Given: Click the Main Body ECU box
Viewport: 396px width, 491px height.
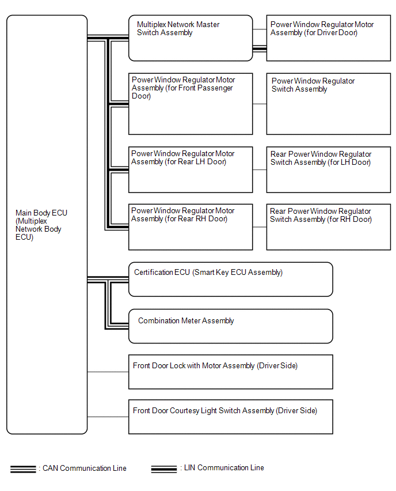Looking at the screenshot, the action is (47, 225).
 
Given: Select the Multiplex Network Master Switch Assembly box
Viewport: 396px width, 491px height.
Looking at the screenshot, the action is (191, 38).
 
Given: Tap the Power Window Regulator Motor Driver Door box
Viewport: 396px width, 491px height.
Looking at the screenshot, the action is (329, 38).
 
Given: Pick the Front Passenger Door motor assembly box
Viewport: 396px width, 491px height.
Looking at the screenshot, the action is (191, 104).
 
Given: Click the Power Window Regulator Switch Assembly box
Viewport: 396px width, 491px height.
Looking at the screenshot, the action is (329, 104).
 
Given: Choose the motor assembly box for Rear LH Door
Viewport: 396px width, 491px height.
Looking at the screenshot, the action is (191, 170).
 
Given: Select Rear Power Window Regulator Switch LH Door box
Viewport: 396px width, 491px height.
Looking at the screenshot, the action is (329, 170).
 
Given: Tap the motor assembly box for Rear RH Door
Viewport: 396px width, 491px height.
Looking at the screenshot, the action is (191, 227).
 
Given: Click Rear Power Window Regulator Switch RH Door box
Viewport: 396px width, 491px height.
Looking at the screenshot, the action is (329, 227).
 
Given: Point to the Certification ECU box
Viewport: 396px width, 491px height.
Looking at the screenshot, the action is (231, 280).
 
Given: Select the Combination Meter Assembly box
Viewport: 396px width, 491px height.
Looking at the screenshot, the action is (231, 326).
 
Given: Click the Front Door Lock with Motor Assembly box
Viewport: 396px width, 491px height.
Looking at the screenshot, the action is (231, 372).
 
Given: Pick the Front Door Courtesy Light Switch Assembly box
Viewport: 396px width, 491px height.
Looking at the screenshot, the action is (231, 417).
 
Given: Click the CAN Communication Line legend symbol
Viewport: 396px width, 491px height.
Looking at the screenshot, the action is (23, 469).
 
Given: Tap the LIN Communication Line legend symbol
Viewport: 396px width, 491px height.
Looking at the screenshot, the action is (164, 469).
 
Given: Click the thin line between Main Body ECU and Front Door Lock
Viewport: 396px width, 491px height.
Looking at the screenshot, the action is (108, 372).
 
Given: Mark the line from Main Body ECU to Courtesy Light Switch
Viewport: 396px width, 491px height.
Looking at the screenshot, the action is (108, 417).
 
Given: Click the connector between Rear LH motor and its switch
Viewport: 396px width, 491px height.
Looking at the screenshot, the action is (260, 170).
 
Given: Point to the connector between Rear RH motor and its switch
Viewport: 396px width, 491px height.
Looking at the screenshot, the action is (260, 227).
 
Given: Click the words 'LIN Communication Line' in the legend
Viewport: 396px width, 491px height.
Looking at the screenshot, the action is (224, 468).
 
